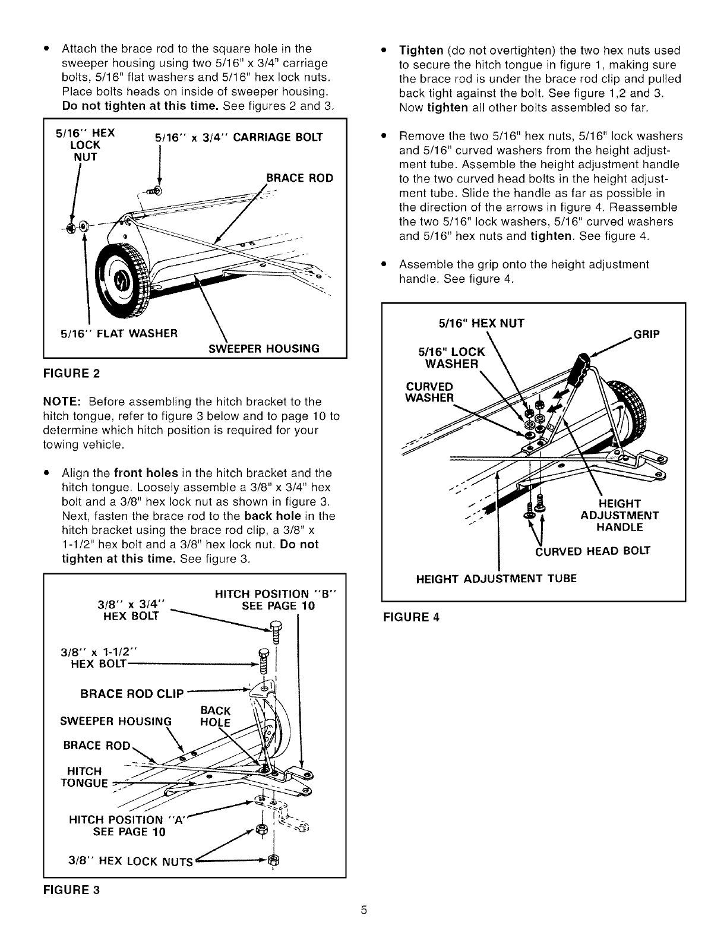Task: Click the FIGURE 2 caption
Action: [71, 374]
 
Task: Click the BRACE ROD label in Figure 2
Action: [299, 178]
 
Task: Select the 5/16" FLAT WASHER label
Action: [119, 333]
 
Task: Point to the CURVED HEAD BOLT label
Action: [593, 551]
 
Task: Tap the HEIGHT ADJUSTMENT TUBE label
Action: [496, 578]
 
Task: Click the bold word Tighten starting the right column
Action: [421, 50]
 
